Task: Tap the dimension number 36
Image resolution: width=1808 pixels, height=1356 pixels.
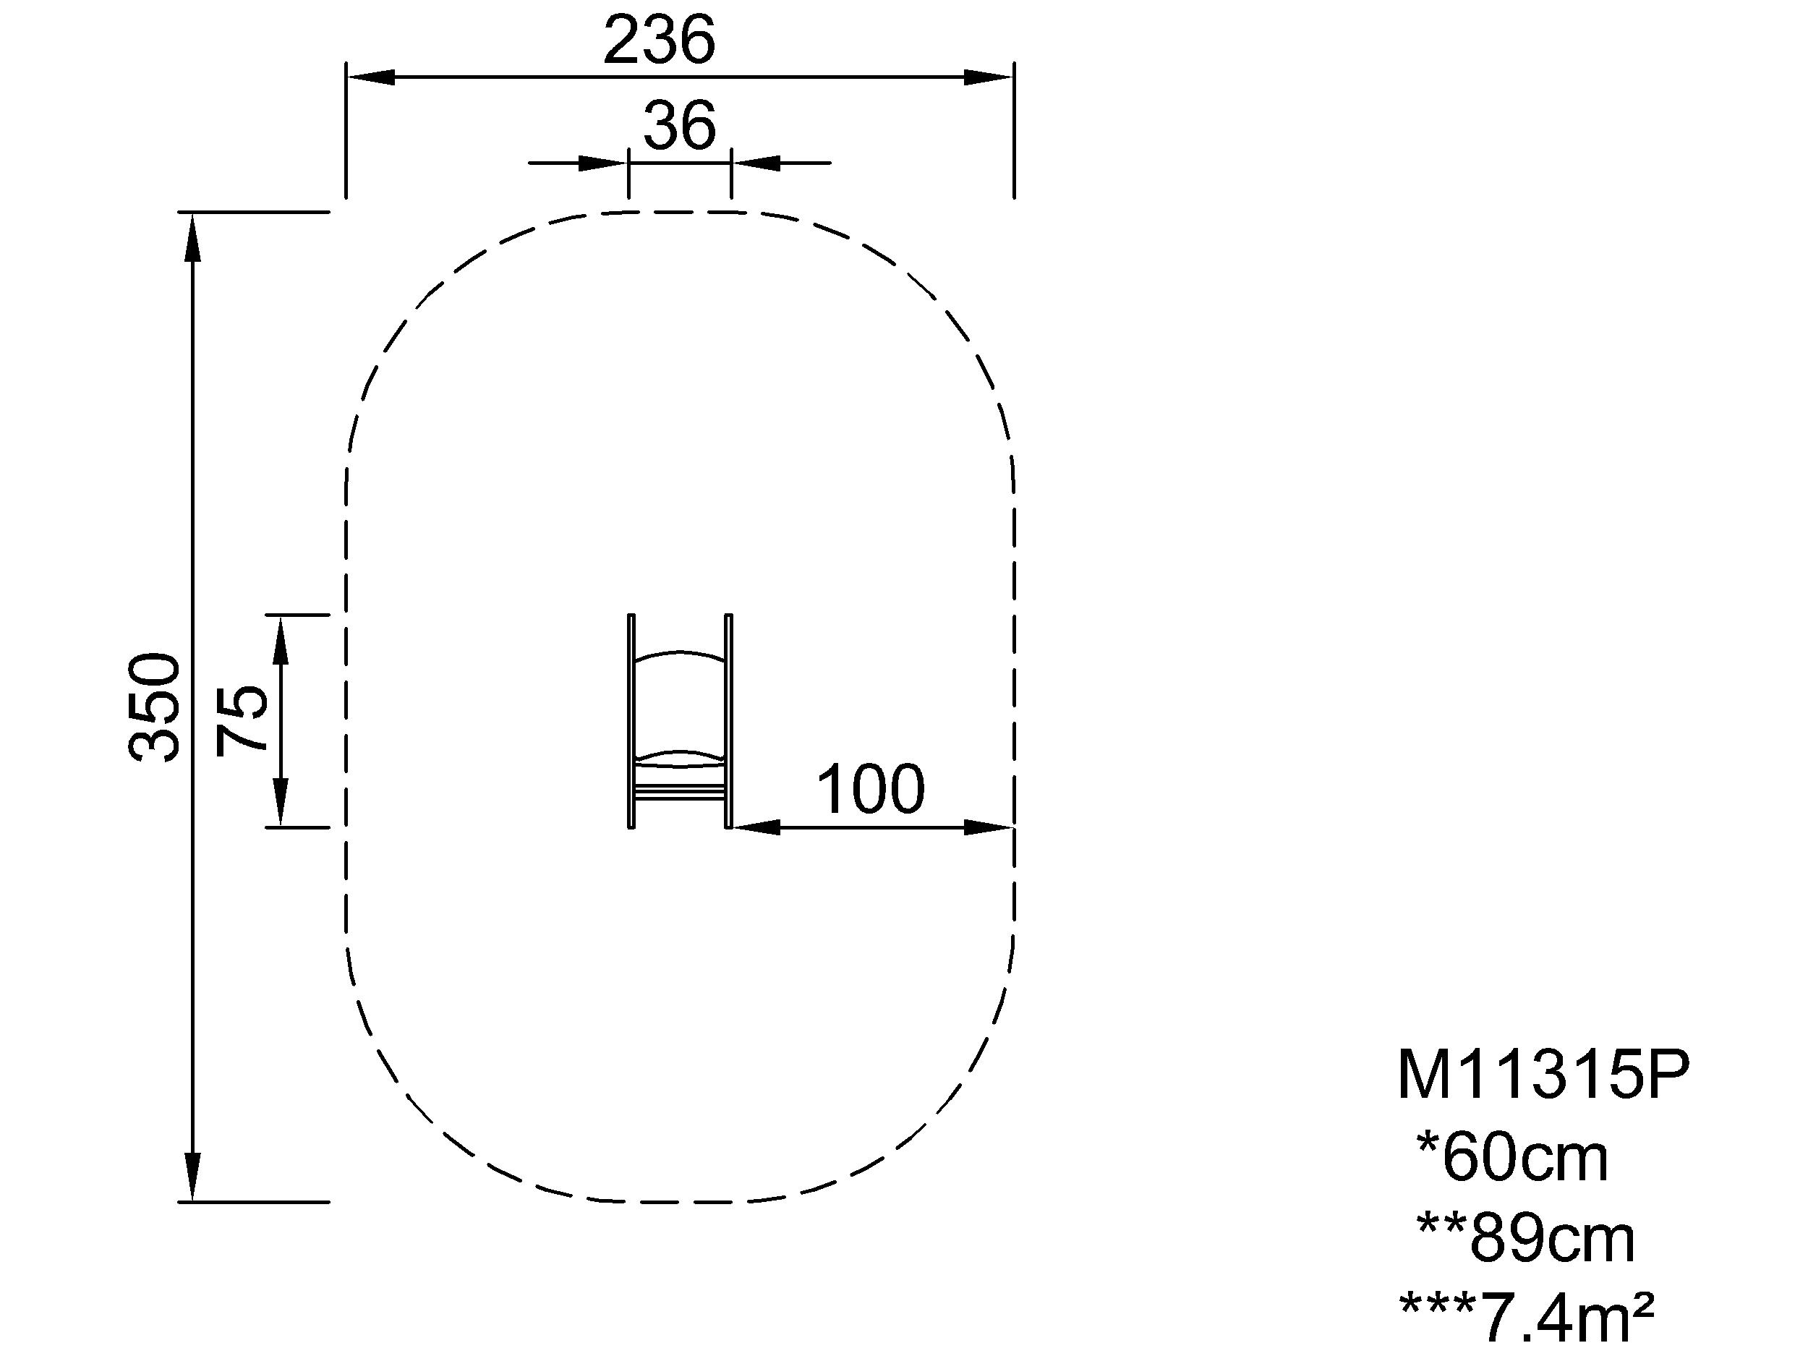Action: pyautogui.click(x=679, y=126)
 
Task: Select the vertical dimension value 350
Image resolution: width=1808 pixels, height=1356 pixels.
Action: pyautogui.click(x=155, y=707)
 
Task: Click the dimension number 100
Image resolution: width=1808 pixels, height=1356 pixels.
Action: pyautogui.click(x=871, y=790)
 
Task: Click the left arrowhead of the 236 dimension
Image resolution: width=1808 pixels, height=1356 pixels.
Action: pyautogui.click(x=371, y=77)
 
